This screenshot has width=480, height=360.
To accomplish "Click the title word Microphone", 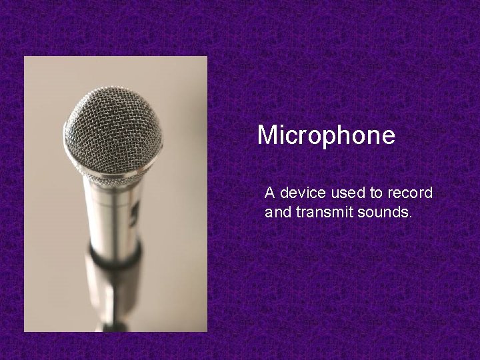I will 326,136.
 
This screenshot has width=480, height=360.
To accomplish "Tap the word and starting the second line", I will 275,213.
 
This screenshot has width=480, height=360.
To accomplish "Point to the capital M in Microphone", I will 267,136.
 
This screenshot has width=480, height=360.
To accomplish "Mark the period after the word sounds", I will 411,218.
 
